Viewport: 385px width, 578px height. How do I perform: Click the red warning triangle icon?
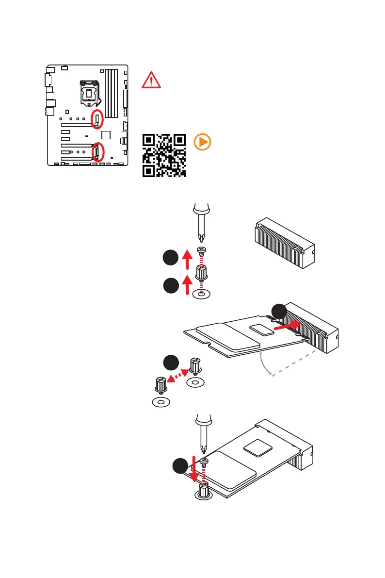pos(151,80)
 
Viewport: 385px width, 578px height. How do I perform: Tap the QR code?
pos(164,155)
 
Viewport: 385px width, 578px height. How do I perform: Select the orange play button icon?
pos(202,142)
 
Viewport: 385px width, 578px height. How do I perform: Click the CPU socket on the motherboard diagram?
pos(91,92)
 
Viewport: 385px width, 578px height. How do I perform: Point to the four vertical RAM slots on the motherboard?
pos(112,93)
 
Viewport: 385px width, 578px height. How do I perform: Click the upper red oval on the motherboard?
pos(97,119)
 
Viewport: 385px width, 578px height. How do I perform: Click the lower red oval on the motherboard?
pos(97,152)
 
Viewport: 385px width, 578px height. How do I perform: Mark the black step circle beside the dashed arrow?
pos(170,363)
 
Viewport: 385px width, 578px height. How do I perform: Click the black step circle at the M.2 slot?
pos(278,311)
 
